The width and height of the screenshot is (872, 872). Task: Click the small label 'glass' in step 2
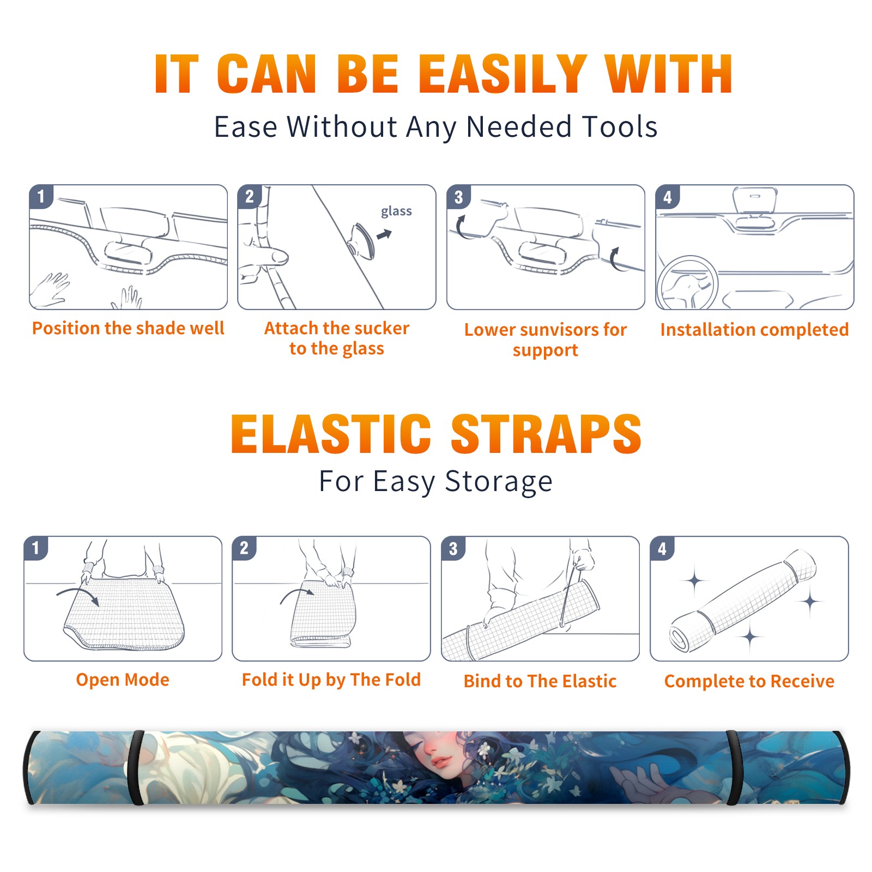point(396,211)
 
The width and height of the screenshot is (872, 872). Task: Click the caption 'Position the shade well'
point(128,328)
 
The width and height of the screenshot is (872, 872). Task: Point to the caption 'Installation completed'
point(754,330)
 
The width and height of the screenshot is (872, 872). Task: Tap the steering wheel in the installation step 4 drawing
point(687,282)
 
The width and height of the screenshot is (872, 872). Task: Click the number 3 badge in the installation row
point(458,197)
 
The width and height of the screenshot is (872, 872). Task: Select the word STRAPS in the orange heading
point(546,434)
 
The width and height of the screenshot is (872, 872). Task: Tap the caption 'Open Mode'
point(123,680)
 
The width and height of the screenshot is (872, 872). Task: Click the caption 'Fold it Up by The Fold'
point(331,680)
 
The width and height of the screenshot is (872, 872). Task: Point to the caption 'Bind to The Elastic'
point(540,681)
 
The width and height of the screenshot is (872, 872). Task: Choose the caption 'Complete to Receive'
point(749,681)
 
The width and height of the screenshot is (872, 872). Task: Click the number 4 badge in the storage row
point(662,548)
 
